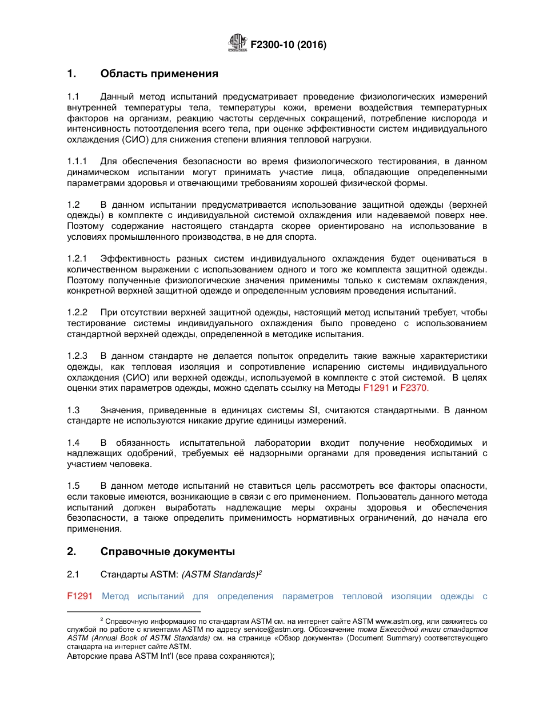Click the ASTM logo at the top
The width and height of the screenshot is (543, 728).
click(237, 43)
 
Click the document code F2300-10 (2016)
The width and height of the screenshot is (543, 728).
click(289, 45)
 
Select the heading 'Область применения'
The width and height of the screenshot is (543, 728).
click(159, 74)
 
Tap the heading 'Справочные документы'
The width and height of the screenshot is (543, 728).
click(167, 552)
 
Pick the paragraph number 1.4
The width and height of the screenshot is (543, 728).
click(73, 443)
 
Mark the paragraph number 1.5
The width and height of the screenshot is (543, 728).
click(73, 486)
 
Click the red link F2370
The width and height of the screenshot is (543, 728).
click(414, 388)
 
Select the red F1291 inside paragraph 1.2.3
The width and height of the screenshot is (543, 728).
click(376, 388)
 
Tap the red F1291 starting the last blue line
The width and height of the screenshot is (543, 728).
click(79, 596)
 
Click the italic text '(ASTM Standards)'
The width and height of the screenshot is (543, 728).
click(219, 575)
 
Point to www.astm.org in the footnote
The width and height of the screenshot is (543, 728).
click(398, 621)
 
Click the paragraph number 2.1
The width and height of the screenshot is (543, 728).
click(73, 575)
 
